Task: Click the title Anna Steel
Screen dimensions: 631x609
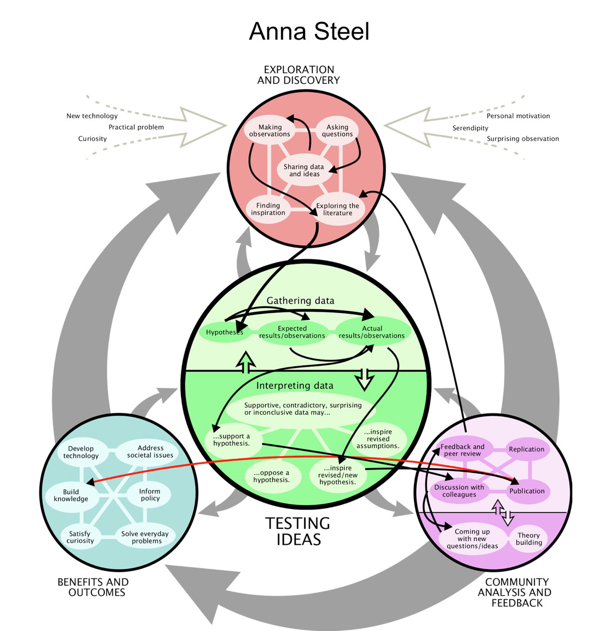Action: [x=309, y=32]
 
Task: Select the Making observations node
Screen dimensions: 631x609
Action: [x=269, y=130]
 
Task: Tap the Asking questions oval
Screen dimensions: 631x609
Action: [x=337, y=130]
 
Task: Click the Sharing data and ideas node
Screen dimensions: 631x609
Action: [x=303, y=170]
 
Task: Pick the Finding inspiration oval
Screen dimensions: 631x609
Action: [x=268, y=209]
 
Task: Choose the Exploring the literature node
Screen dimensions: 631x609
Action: [x=338, y=209]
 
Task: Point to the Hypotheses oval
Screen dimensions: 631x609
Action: [x=224, y=332]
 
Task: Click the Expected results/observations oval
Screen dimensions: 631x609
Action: [x=292, y=332]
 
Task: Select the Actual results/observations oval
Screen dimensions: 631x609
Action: [x=372, y=332]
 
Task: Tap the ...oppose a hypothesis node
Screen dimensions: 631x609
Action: [x=271, y=476]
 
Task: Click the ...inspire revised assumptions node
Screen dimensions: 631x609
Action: [x=378, y=439]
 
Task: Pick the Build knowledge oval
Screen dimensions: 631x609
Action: [x=71, y=495]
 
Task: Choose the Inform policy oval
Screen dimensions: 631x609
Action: [x=150, y=495]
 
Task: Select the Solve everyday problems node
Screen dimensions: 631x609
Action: [x=145, y=537]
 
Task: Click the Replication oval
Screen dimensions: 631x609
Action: [x=527, y=449]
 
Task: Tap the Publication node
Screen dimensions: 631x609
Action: [x=527, y=491]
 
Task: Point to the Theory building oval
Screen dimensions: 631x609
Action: [x=529, y=539]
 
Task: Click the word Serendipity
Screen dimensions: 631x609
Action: [x=470, y=128]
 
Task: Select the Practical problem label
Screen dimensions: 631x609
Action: [x=136, y=127]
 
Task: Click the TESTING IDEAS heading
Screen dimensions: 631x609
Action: [x=298, y=531]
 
